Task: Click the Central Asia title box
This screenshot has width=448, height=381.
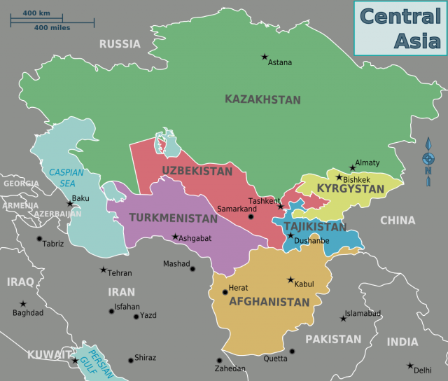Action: [x=398, y=27]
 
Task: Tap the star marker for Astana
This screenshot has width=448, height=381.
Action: [x=265, y=57]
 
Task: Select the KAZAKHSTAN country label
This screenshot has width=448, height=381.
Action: [x=262, y=99]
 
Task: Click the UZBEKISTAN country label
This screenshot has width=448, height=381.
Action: [x=197, y=170]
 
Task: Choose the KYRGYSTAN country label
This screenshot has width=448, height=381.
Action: [x=351, y=188]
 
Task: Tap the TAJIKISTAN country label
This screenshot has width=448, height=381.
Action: [x=314, y=227]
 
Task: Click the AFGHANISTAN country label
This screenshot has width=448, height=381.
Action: [x=268, y=302]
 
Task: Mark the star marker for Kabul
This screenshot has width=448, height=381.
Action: [x=290, y=279]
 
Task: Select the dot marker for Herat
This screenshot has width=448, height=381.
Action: [x=225, y=292]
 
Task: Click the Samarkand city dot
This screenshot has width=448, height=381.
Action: [x=251, y=216]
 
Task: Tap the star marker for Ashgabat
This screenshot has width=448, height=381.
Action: [x=175, y=236]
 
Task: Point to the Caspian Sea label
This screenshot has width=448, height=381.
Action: [x=66, y=177]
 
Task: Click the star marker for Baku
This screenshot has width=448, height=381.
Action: [x=69, y=204]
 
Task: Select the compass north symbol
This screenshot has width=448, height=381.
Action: [x=428, y=160]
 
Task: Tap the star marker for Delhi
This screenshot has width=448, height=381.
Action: [x=410, y=365]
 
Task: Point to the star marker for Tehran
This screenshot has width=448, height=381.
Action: [x=104, y=270]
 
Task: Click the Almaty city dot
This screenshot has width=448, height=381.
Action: [x=352, y=167]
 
